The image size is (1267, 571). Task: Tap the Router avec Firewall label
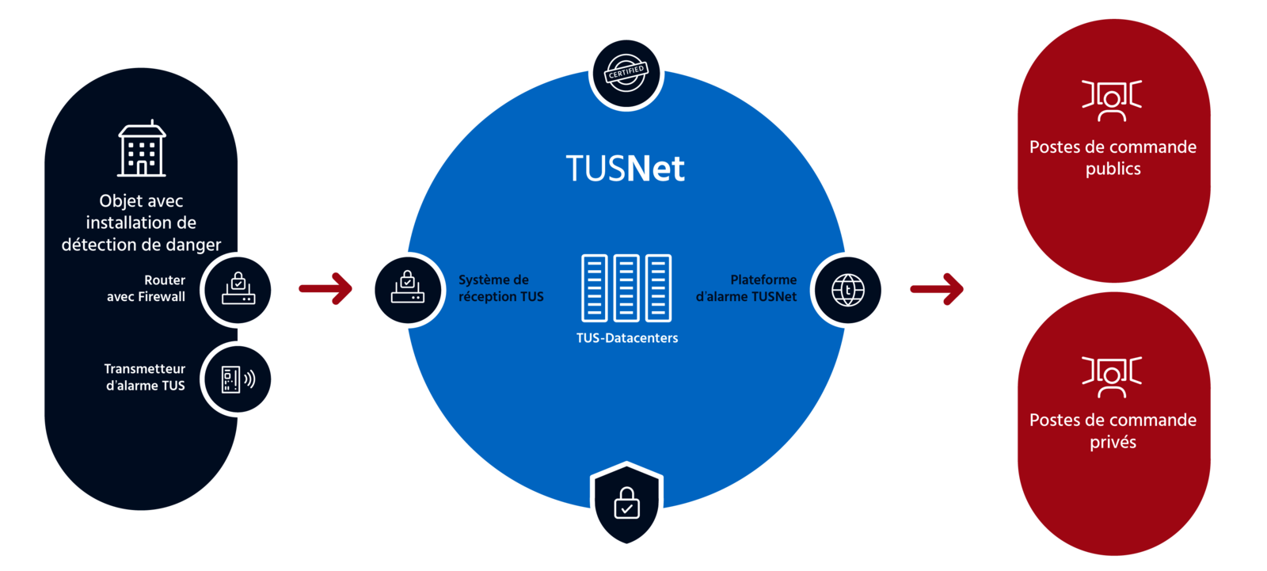click(146, 288)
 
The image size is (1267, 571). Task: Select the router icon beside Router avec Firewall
click(238, 290)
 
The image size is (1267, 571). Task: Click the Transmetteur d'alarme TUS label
click(145, 377)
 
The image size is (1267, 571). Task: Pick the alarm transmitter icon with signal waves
click(238, 379)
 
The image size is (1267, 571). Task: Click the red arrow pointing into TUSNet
click(325, 288)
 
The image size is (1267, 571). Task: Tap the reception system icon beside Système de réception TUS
click(407, 290)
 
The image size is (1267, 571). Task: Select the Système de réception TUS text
click(500, 288)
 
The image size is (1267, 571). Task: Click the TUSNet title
click(625, 169)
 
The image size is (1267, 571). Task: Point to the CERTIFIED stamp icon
click(626, 73)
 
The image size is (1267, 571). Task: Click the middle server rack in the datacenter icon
click(626, 288)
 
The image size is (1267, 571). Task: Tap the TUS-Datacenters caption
click(627, 338)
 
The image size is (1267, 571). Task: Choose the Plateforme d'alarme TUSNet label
click(747, 288)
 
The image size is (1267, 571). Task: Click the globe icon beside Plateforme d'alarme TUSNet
click(848, 290)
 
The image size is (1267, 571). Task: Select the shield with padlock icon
click(626, 504)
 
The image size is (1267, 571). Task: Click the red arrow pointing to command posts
click(937, 288)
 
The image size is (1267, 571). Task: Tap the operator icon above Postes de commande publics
click(1112, 100)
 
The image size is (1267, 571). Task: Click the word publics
click(1113, 169)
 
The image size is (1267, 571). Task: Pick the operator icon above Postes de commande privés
click(1112, 376)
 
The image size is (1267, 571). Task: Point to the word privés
click(1113, 442)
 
